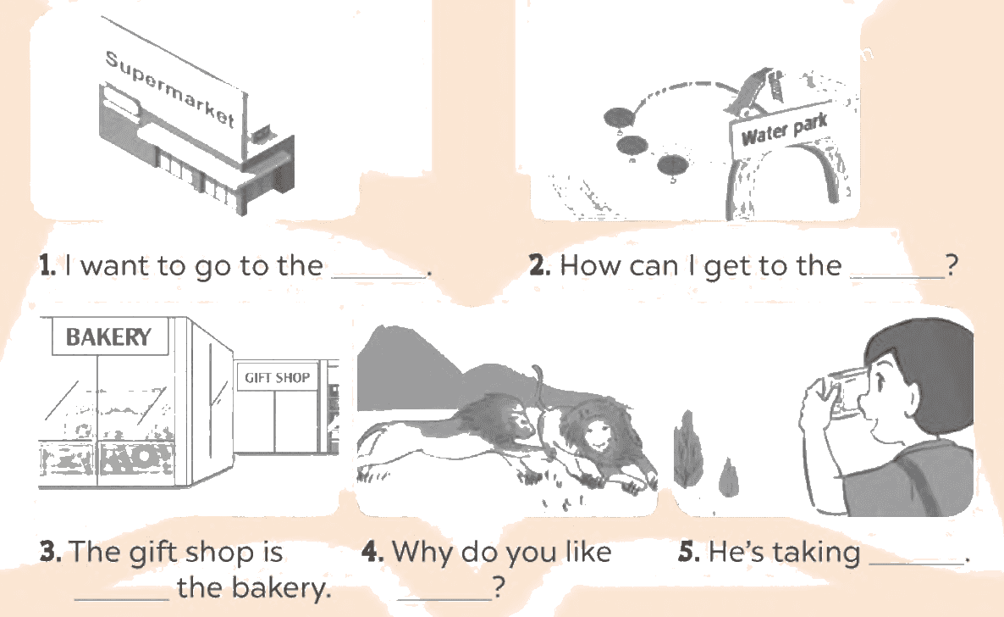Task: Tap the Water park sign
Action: click(785, 129)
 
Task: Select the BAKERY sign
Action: click(109, 336)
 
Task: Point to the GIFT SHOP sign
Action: click(278, 377)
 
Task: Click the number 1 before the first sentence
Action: click(47, 265)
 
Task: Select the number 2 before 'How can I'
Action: click(540, 265)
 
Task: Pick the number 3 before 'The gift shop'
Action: click(51, 552)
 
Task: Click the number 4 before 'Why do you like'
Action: click(372, 552)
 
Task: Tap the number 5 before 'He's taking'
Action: click(689, 552)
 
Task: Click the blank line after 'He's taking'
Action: click(916, 564)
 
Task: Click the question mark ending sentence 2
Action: click(952, 265)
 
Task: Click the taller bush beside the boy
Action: click(687, 448)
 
